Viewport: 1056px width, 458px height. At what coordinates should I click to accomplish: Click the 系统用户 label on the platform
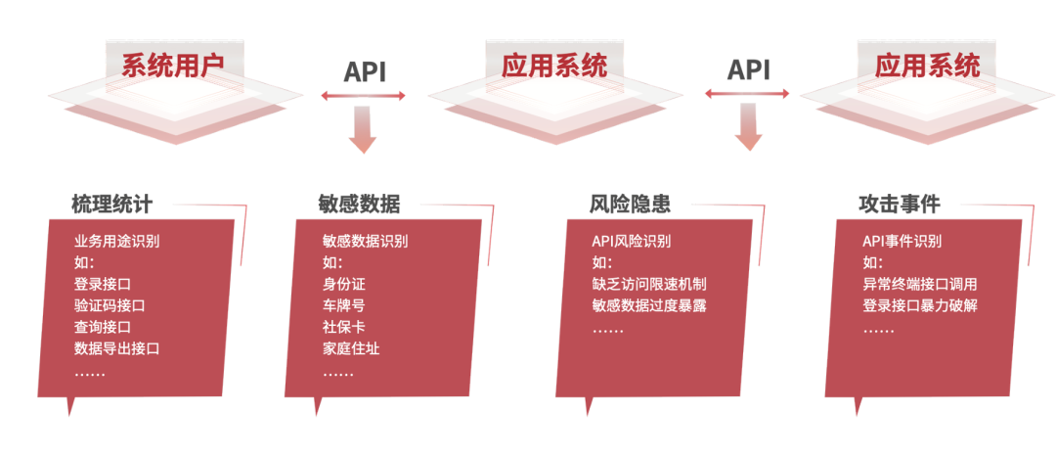(172, 67)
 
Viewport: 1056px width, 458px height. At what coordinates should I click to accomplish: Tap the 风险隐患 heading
(630, 205)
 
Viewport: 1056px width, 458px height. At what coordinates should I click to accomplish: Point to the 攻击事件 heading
(899, 205)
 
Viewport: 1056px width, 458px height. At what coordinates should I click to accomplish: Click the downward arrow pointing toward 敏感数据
(362, 130)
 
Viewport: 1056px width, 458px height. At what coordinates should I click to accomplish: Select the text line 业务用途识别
(117, 242)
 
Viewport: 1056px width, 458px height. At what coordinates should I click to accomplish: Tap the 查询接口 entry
(103, 327)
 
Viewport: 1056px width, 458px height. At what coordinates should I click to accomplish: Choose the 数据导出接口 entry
(117, 348)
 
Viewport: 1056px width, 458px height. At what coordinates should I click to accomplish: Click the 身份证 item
(343, 284)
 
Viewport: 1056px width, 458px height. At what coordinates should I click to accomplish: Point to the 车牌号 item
(343, 305)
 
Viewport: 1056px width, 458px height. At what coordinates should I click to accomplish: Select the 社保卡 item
(343, 327)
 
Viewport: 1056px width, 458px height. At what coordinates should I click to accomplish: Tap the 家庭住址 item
(351, 348)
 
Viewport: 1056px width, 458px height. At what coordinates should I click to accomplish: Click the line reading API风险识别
(632, 242)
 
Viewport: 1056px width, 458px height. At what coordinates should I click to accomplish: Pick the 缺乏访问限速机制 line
(649, 284)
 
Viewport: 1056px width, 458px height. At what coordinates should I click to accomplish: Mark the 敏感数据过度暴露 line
(649, 305)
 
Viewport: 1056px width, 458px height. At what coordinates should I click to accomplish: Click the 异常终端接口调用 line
(919, 284)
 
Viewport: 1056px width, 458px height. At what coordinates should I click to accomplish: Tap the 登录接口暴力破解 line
(919, 305)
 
